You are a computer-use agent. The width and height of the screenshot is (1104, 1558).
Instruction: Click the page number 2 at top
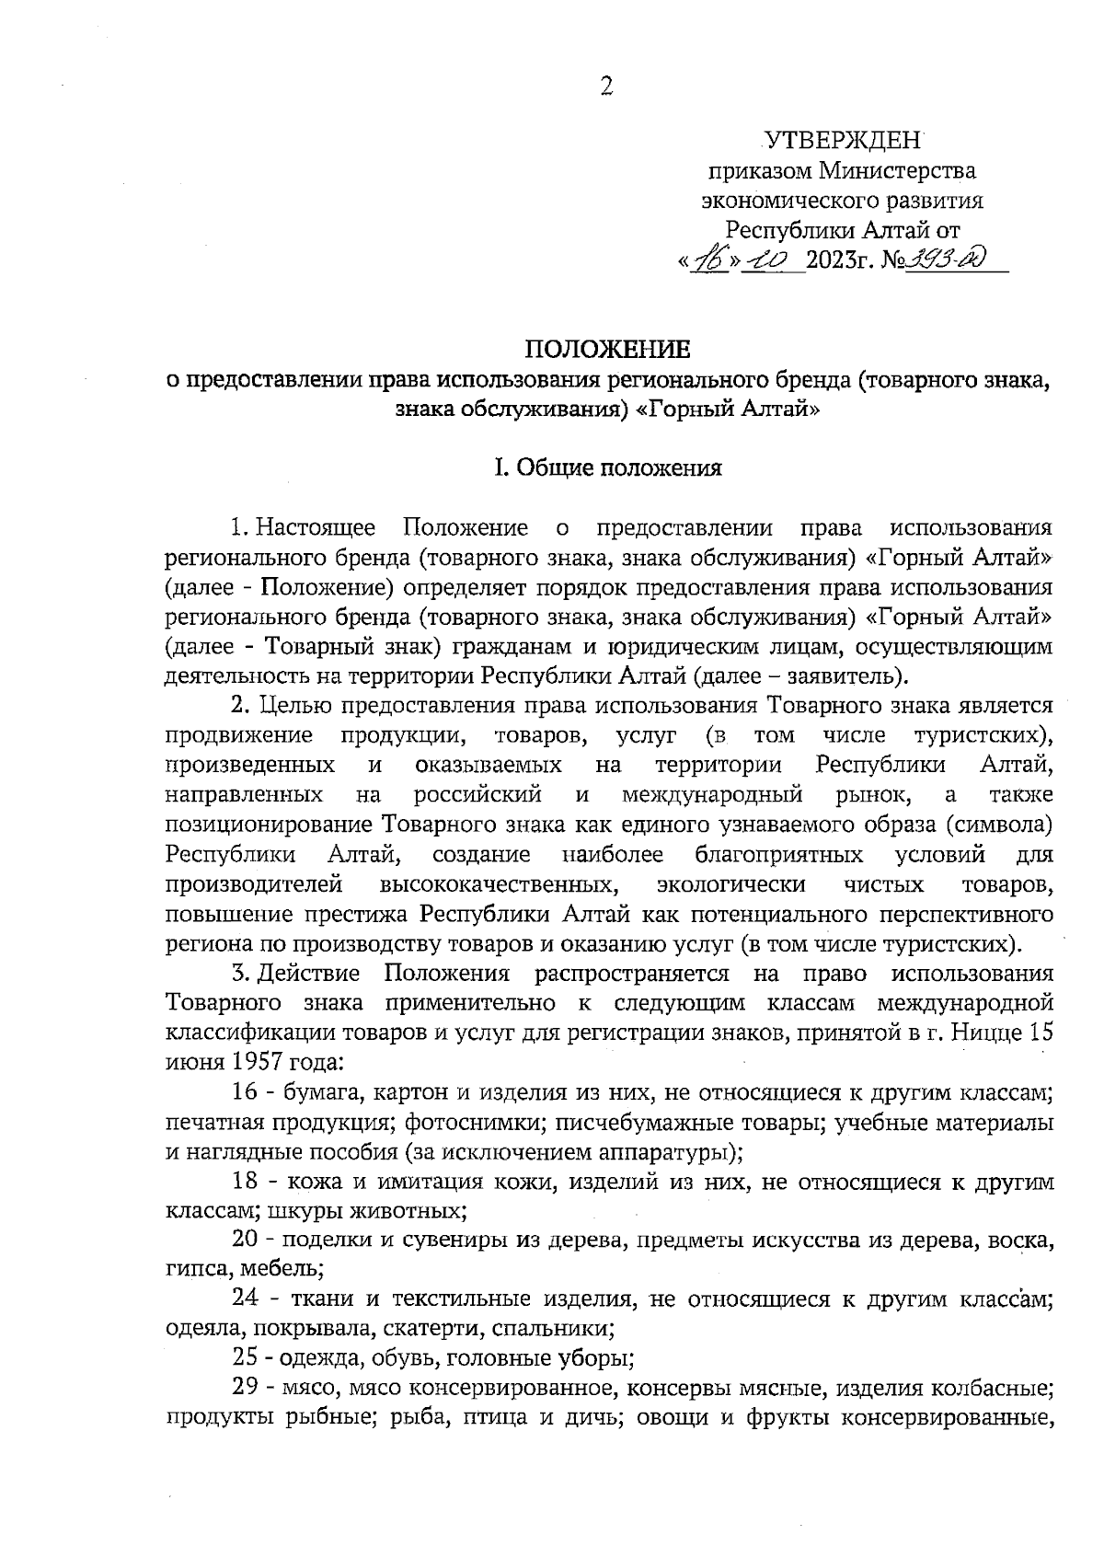click(x=606, y=87)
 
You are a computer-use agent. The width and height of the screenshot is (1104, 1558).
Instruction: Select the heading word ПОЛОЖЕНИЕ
click(x=606, y=349)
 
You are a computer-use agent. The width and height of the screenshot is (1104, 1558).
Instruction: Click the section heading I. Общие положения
click(x=607, y=468)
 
